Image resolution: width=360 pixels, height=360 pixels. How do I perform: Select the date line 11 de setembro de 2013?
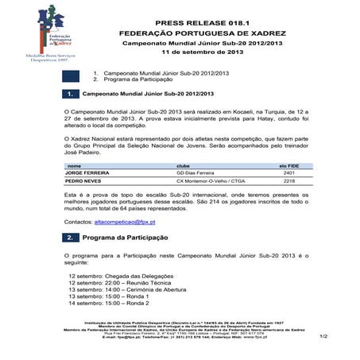pyautogui.click(x=203, y=52)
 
